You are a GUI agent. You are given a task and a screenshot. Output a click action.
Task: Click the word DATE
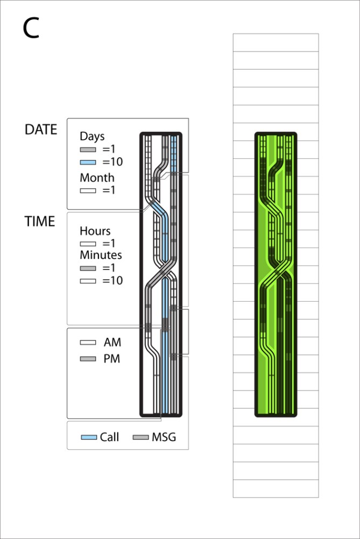tap(41, 130)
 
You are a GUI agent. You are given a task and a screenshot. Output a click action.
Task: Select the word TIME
tap(40, 222)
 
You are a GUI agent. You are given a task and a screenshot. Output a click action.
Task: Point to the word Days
tap(92, 137)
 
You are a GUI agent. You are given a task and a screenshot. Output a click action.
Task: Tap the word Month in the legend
tap(97, 178)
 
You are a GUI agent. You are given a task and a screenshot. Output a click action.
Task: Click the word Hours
tap(95, 231)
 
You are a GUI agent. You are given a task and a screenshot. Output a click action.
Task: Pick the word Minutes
tap(101, 255)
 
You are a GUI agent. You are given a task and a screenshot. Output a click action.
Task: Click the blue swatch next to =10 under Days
tap(88, 162)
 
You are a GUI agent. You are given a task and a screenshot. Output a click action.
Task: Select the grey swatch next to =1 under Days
tap(88, 150)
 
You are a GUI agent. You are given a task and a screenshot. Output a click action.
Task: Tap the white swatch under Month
tap(88, 190)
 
